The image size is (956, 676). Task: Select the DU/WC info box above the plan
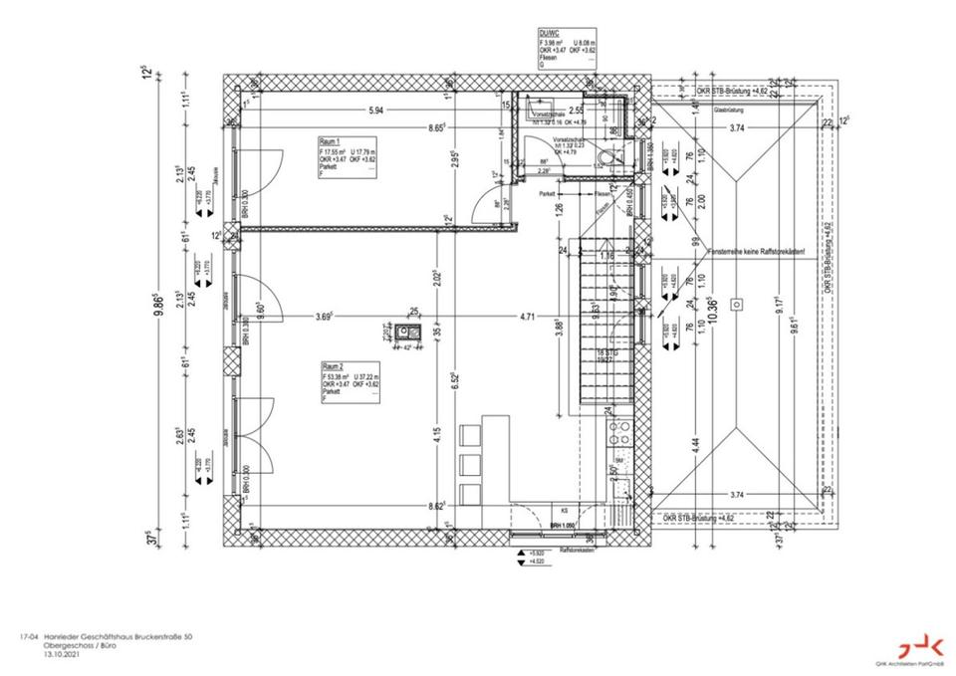coord(567,48)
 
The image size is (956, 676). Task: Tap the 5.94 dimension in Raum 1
coord(374,110)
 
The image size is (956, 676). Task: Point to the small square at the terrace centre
coord(738,303)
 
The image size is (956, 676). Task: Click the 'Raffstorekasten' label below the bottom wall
coord(579,550)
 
